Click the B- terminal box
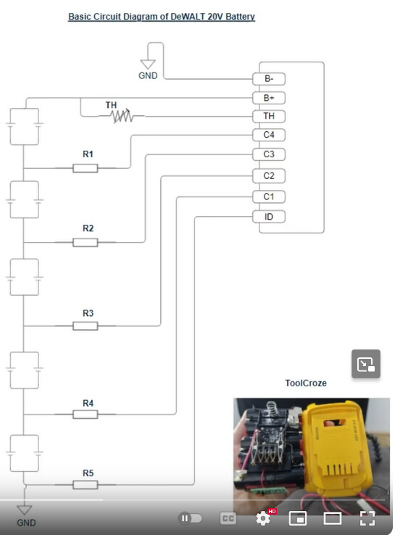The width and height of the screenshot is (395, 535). pos(269,79)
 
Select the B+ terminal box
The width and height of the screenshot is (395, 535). pos(269,98)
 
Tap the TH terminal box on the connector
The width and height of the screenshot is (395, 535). pos(269,116)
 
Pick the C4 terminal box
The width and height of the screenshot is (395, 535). pos(269,135)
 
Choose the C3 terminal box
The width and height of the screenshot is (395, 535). pos(269,154)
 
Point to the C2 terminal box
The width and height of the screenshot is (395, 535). pos(269,175)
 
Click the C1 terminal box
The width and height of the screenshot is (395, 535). pos(269,196)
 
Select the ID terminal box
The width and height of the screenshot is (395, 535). pos(269,217)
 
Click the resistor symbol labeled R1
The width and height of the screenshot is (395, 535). pos(86,168)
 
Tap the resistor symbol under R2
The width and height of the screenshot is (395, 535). pos(86,243)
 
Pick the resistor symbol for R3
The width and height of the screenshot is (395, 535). pos(86,326)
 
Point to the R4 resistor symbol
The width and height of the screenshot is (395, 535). pos(86,415)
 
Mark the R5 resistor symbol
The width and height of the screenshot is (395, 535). pos(86,485)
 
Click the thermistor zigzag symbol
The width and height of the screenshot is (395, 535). pos(122,116)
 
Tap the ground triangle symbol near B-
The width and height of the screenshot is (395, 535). pos(148,64)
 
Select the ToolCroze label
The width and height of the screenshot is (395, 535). pos(306,383)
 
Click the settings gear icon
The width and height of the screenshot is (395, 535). pos(263,518)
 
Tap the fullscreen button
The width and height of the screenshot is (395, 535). pos(367,518)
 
